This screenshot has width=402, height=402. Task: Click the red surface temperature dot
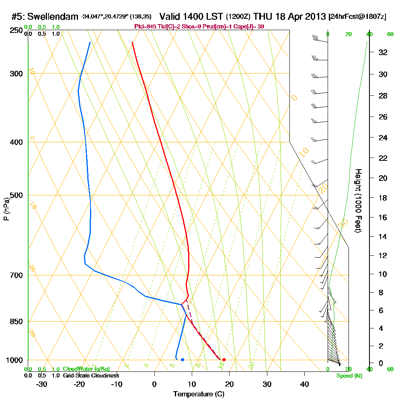pyautogui.click(x=224, y=359)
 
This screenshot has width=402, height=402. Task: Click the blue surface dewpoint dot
pyautogui.click(x=183, y=359)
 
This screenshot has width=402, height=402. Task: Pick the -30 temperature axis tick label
pyautogui.click(x=41, y=384)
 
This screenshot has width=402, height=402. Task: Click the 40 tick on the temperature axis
pyautogui.click(x=304, y=384)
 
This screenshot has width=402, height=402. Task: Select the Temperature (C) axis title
pyautogui.click(x=199, y=394)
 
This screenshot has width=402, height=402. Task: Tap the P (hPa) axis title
pyautogui.click(x=6, y=209)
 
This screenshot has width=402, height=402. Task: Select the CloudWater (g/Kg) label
pyautogui.click(x=86, y=369)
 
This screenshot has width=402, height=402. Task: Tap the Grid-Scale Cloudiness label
pyautogui.click(x=90, y=375)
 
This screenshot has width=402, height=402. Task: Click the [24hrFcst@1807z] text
pyautogui.click(x=357, y=17)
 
